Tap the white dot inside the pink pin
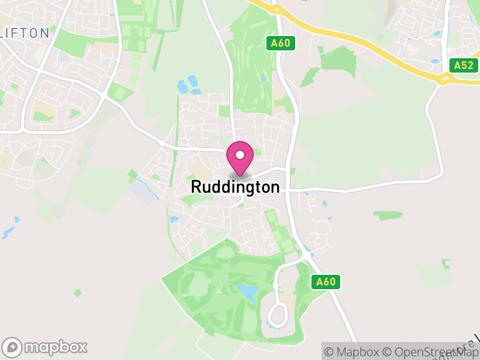click(240, 155)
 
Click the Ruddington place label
click(235, 187)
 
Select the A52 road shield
click(463, 65)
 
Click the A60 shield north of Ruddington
click(280, 43)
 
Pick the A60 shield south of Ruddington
click(326, 281)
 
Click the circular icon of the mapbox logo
click(13, 347)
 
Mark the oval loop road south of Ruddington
click(278, 313)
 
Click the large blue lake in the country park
click(247, 292)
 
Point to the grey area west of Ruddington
click(143, 191)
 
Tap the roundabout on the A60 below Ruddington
click(306, 255)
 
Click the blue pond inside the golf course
click(263, 77)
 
